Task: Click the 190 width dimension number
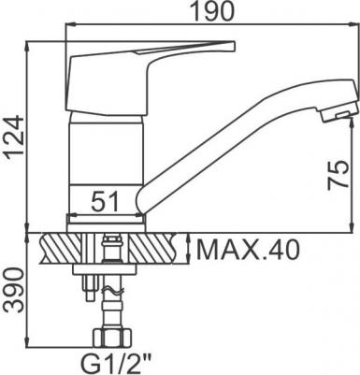coord(212,11)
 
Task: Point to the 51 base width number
coord(105,202)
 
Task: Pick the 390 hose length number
coord(13,291)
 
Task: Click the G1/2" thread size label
coord(116,363)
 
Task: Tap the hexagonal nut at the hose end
coord(112,339)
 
